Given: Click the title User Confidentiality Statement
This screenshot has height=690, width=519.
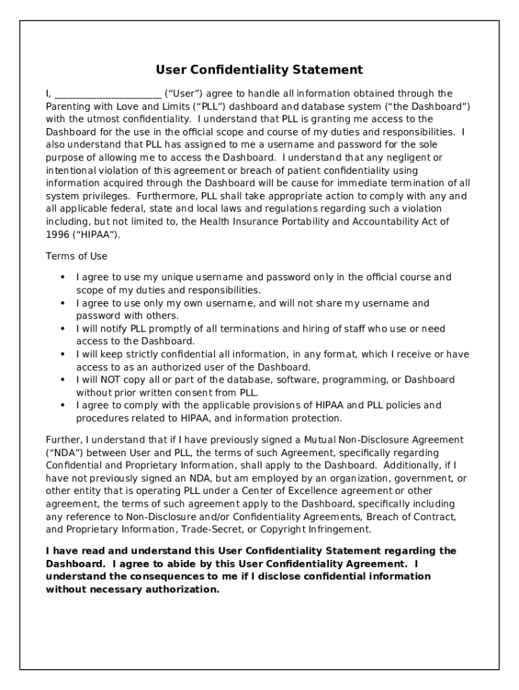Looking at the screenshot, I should coord(259,70).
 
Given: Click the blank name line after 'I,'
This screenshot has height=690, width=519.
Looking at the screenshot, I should coord(108,94).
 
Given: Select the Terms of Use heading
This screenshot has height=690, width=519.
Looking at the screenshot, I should coord(76,257).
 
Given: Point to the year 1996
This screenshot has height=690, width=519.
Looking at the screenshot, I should coord(57,234).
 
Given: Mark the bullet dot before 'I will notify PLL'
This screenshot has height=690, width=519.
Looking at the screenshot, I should coord(63,329).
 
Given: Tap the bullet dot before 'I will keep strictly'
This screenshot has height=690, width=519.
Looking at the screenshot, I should coord(63,354).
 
